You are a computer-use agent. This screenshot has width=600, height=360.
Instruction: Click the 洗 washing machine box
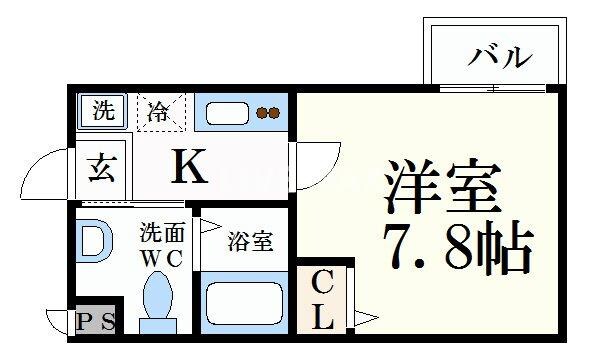[103, 110]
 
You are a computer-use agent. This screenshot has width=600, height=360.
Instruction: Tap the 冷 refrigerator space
[160, 112]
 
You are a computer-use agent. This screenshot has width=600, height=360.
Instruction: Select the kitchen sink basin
[226, 113]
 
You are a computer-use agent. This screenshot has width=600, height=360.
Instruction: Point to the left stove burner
[261, 113]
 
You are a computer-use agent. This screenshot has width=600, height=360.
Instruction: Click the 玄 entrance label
[102, 167]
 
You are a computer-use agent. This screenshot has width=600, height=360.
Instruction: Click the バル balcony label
[498, 57]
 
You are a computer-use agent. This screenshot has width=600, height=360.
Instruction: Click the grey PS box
[96, 321]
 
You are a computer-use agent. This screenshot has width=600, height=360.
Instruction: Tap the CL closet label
[322, 299]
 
